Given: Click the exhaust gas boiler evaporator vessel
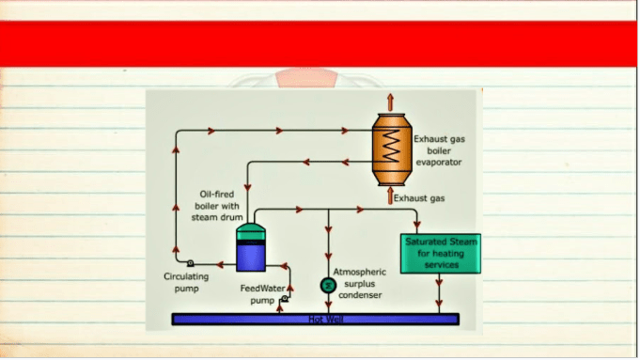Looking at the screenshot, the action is pyautogui.click(x=392, y=149).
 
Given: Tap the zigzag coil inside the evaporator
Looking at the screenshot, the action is pyautogui.click(x=391, y=146).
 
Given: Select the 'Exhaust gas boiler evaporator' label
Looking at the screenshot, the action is pyautogui.click(x=439, y=150).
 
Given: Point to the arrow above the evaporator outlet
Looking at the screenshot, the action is pyautogui.click(x=391, y=102).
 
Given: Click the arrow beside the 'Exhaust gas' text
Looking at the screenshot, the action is pyautogui.click(x=390, y=196).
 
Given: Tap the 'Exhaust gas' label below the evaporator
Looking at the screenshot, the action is pyautogui.click(x=419, y=198).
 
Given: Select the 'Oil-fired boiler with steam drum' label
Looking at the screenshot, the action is pyautogui.click(x=217, y=206).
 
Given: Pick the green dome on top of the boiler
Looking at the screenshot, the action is pyautogui.click(x=251, y=231).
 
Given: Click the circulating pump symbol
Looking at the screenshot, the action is pyautogui.click(x=190, y=263).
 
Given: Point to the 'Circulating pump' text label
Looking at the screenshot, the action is pyautogui.click(x=186, y=282).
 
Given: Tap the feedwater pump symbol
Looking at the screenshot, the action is pyautogui.click(x=285, y=299).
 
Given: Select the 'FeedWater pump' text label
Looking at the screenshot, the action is pyautogui.click(x=262, y=294).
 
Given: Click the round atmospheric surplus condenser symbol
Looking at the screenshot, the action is pyautogui.click(x=328, y=286).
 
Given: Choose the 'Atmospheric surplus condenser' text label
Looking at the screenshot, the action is pyautogui.click(x=360, y=283).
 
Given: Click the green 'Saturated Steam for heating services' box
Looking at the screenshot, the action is pyautogui.click(x=441, y=254).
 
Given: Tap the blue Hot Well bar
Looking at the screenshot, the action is pyautogui.click(x=316, y=320).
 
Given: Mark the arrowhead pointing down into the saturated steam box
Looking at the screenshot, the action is pyautogui.click(x=416, y=225).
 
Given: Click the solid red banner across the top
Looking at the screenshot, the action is pyautogui.click(x=319, y=43).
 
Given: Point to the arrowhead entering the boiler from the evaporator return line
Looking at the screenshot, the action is pyautogui.click(x=247, y=187).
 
